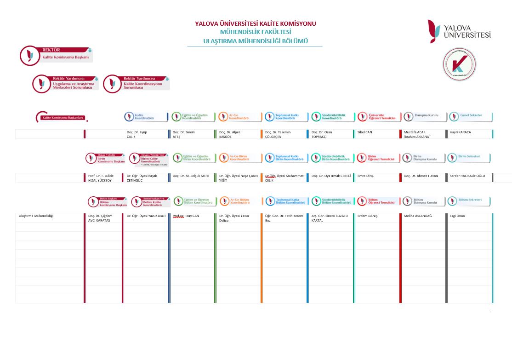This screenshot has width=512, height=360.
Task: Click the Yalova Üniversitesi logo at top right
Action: [459, 31]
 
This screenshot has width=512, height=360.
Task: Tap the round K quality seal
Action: [459, 64]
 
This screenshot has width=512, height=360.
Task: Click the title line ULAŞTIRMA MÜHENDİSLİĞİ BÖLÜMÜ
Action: [255, 41]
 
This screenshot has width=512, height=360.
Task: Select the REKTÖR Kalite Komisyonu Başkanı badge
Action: [56, 55]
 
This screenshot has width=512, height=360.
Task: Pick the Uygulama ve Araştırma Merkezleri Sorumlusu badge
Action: [65, 84]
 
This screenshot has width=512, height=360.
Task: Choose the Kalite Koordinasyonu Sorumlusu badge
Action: [136, 84]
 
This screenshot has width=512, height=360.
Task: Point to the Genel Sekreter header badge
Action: [470, 116]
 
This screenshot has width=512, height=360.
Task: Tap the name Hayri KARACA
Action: [461, 132]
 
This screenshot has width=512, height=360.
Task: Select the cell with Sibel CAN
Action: [365, 132]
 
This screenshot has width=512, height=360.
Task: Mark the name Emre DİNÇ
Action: [366, 176]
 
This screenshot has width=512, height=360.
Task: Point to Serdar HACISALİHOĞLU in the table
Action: [466, 176]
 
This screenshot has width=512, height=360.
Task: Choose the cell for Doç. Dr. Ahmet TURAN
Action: [421, 176]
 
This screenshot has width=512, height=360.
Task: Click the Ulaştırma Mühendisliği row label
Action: [36, 216]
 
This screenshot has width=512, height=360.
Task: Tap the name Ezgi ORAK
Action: [458, 216]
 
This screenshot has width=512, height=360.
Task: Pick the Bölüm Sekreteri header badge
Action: [468, 201]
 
